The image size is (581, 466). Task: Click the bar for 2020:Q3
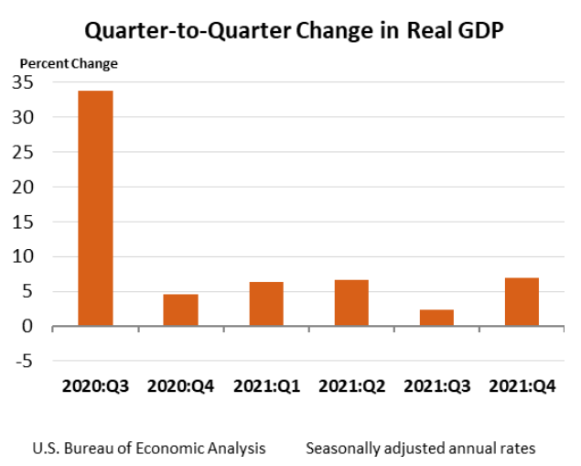click(95, 208)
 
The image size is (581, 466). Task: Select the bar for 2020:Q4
click(180, 309)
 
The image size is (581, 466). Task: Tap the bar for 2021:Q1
click(266, 304)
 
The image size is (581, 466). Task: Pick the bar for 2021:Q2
click(351, 302)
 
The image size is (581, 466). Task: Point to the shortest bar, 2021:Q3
click(436, 317)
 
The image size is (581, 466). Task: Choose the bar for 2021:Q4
click(522, 301)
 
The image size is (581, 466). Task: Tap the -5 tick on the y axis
click(26, 361)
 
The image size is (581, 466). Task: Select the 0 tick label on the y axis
click(29, 326)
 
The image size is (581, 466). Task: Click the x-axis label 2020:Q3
click(96, 386)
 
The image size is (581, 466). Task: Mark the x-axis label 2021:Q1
click(266, 386)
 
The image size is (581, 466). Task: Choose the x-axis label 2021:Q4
click(522, 386)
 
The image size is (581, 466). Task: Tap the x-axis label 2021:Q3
click(437, 386)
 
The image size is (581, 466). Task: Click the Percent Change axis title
click(69, 63)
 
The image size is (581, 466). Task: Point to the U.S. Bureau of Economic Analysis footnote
click(149, 449)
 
